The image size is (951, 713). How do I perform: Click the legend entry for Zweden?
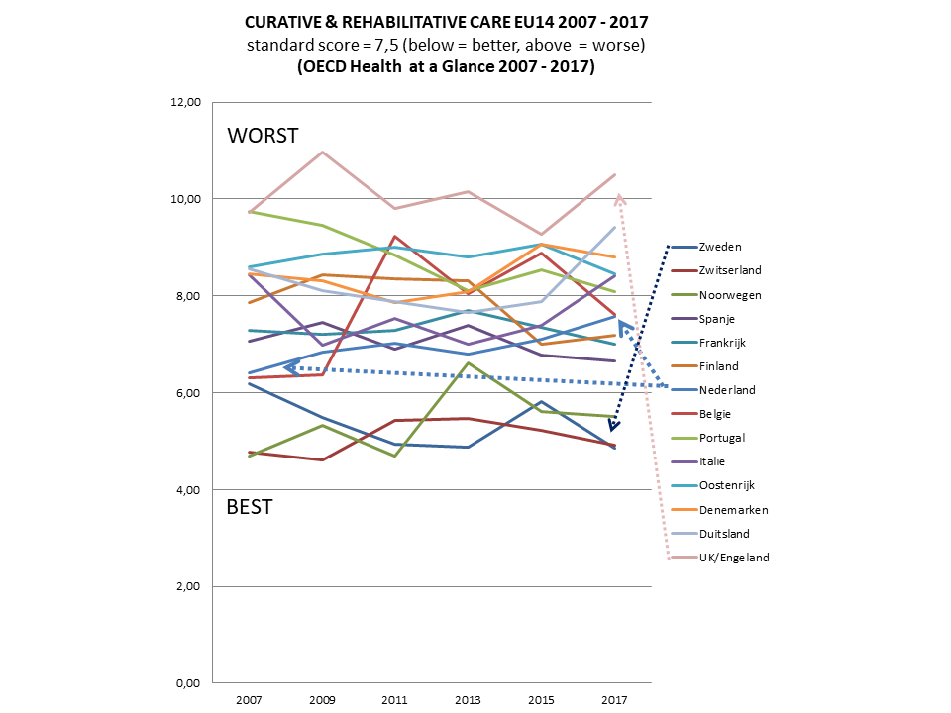[x=719, y=248]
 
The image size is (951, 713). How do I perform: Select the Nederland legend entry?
[x=725, y=390]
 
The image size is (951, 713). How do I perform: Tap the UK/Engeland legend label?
[x=732, y=558]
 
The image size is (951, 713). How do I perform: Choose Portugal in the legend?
[x=721, y=438]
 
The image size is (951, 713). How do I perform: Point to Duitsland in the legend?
[x=724, y=534]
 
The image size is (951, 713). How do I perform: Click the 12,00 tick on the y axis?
[x=187, y=103]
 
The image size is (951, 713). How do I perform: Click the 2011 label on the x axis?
[x=394, y=701]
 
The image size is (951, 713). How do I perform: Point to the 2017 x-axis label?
[x=614, y=701]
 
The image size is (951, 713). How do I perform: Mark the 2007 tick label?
[x=248, y=701]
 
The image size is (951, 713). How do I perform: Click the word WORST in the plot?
[x=263, y=136]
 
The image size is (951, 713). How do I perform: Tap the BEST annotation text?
[x=250, y=507]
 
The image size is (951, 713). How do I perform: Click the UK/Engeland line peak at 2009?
[x=322, y=153]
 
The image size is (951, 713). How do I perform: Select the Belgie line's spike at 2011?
[x=395, y=237]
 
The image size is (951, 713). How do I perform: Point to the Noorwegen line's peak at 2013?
[x=469, y=363]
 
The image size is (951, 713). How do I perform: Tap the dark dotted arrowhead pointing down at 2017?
[x=614, y=426]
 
